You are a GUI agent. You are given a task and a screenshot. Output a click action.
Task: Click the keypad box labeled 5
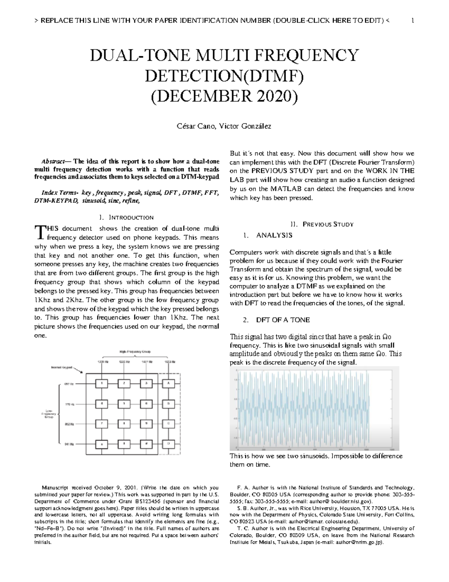(x=124, y=404)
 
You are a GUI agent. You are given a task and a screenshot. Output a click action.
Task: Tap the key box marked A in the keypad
(x=169, y=383)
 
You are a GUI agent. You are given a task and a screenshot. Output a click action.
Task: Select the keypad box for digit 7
(x=101, y=423)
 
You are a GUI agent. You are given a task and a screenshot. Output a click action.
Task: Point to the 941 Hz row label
(x=69, y=444)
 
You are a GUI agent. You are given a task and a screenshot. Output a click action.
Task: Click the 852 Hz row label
(x=69, y=424)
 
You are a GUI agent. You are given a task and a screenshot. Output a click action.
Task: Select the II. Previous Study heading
(x=322, y=224)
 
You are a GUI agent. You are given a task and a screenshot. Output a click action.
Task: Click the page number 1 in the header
(x=412, y=21)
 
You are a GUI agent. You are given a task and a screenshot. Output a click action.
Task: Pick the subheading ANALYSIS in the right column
(x=274, y=235)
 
